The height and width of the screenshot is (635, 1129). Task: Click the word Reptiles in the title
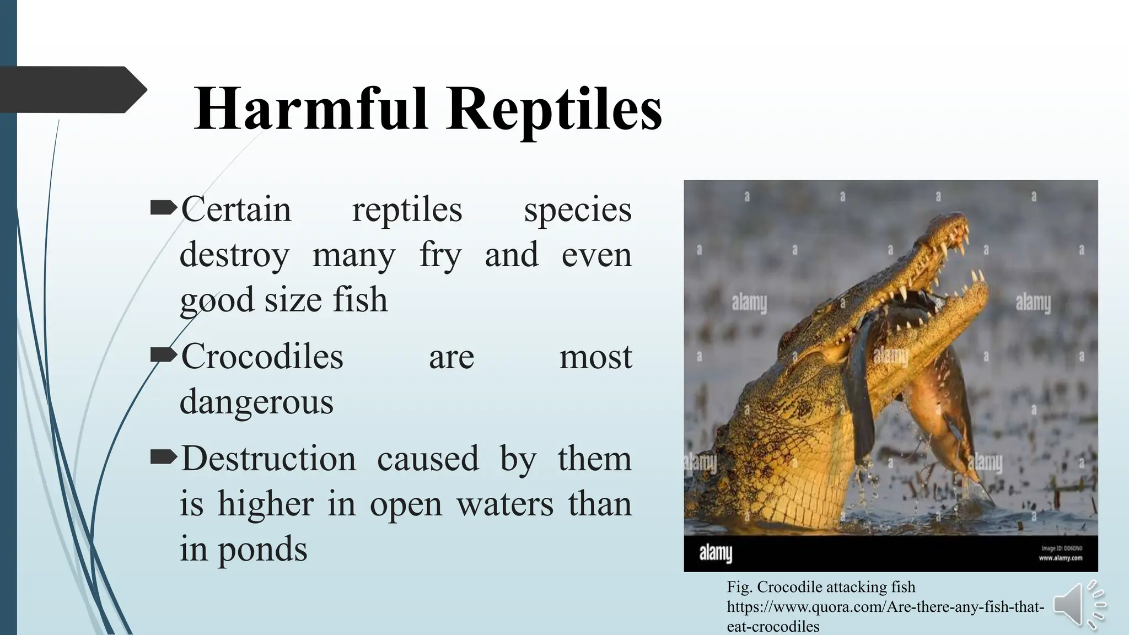coord(554,110)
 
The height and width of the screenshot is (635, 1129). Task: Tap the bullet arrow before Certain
coord(163,208)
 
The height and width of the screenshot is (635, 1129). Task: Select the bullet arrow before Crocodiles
coord(163,355)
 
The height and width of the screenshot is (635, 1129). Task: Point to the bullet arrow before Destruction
coord(163,457)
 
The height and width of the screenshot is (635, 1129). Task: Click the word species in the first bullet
coord(577,210)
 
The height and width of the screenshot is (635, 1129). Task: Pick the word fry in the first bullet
coord(440,256)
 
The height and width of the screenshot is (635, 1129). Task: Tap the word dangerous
coord(256,402)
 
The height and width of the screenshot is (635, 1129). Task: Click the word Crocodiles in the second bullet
coord(262,356)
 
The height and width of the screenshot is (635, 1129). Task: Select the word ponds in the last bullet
coord(262,550)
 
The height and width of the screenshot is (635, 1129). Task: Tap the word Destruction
coord(268,458)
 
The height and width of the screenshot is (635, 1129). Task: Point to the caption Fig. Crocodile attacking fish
coord(821,587)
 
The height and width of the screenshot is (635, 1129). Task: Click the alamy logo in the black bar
coord(716,553)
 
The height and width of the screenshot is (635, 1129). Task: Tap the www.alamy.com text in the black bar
coord(1060,558)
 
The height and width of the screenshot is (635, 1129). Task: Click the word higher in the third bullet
coord(266,504)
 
